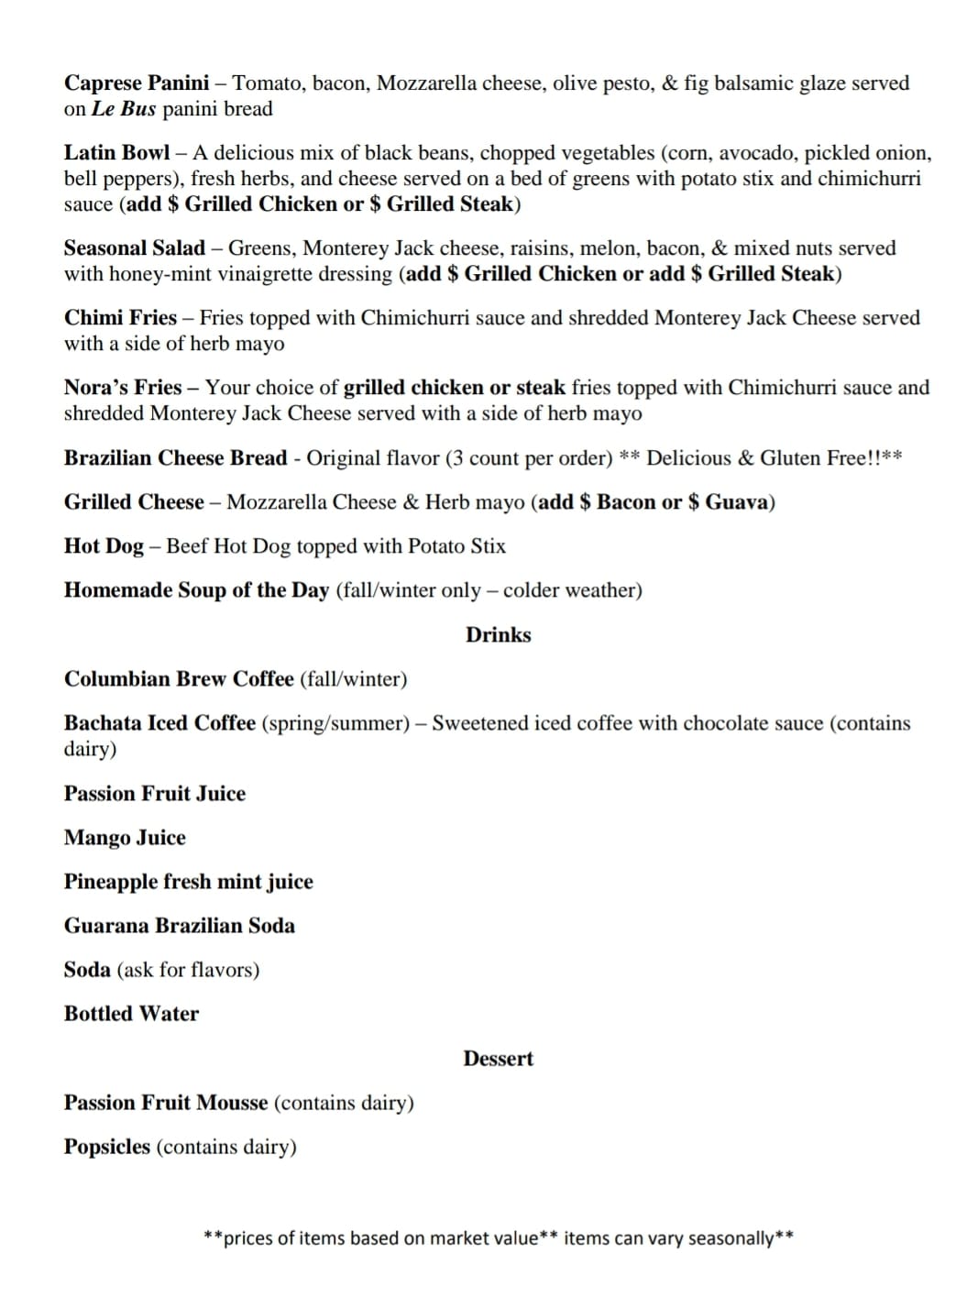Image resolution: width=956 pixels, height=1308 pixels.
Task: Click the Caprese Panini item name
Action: tap(137, 83)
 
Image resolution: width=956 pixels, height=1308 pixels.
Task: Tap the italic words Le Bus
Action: tap(124, 109)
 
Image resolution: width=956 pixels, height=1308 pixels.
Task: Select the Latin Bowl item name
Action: tap(116, 153)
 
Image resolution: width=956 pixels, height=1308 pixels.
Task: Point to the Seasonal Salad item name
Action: tap(135, 248)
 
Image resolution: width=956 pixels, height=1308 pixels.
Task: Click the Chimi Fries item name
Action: tap(120, 318)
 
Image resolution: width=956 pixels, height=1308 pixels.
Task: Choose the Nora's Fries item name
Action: tap(123, 388)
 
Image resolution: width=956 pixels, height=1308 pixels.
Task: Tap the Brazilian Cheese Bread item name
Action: tap(175, 458)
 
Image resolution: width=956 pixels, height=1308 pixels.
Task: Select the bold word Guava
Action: tap(737, 502)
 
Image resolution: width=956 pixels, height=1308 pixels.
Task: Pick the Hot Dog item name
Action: tap(104, 546)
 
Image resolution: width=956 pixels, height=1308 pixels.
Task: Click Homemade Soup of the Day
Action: tap(196, 590)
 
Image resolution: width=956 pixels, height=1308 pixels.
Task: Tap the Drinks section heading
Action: tap(498, 635)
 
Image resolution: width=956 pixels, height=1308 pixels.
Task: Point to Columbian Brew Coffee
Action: tap(179, 679)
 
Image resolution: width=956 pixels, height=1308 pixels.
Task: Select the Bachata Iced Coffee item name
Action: tap(159, 723)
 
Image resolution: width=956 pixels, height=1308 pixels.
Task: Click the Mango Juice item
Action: tap(125, 838)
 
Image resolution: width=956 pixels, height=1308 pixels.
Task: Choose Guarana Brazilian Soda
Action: tap(180, 926)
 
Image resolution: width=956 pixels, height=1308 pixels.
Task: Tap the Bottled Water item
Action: tap(131, 1014)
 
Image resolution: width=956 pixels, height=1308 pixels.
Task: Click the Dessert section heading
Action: tap(498, 1059)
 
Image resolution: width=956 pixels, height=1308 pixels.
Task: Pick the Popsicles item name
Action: tap(106, 1147)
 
